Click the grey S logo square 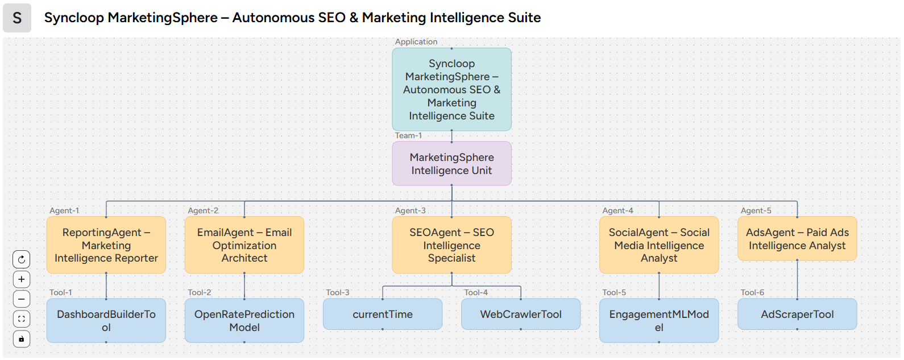(x=17, y=18)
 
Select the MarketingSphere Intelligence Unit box (x=451, y=164)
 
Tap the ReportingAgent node (x=106, y=245)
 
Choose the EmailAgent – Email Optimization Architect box (x=244, y=245)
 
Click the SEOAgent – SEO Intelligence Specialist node (x=451, y=245)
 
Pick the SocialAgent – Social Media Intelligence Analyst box (x=659, y=245)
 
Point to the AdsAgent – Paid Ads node (x=797, y=239)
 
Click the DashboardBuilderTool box (x=106, y=321)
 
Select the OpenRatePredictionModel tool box (x=244, y=321)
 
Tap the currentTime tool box (x=383, y=315)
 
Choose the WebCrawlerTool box (x=521, y=315)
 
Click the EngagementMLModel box (x=659, y=321)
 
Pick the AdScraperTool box (x=797, y=315)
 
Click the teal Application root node (x=451, y=90)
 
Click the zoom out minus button (x=22, y=299)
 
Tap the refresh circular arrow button (x=22, y=259)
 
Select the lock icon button (x=22, y=339)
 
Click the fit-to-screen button (x=22, y=319)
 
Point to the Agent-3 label (x=410, y=210)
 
